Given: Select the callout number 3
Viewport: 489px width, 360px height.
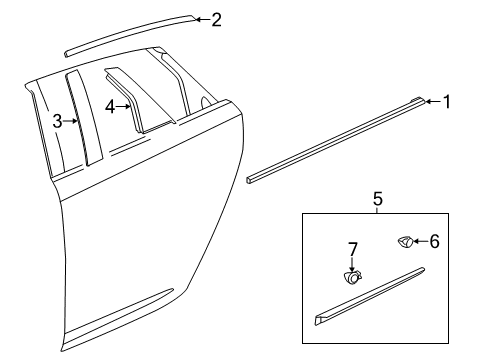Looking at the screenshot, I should pyautogui.click(x=57, y=121).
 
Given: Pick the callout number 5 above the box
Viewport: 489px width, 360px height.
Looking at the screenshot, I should pyautogui.click(x=376, y=198).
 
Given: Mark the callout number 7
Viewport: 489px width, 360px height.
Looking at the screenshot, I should pyautogui.click(x=353, y=247).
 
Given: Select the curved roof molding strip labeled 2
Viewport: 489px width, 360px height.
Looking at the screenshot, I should pyautogui.click(x=130, y=32).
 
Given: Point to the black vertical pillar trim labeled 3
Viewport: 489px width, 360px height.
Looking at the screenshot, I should pyautogui.click(x=82, y=115).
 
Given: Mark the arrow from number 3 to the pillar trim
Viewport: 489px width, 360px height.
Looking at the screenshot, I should pyautogui.click(x=69, y=121).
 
